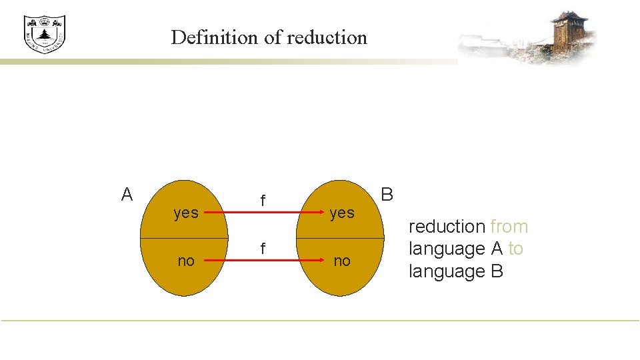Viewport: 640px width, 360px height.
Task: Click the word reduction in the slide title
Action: coord(327,37)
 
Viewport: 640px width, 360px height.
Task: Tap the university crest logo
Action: coord(45,34)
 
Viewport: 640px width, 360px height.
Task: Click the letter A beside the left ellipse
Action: coord(127,195)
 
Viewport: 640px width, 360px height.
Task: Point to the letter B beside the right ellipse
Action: coord(387,195)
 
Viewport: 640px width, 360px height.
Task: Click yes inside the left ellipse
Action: coord(186,213)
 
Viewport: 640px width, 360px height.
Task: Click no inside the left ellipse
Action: coord(186,261)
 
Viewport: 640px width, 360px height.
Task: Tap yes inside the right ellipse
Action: coord(342,213)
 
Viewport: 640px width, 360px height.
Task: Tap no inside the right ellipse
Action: coord(342,261)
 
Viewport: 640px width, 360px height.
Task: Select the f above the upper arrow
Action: coord(263,200)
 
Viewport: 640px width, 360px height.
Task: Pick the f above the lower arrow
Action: coord(263,249)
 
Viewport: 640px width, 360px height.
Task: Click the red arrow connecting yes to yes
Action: coord(263,214)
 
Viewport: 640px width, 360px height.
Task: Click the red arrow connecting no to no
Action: coord(263,262)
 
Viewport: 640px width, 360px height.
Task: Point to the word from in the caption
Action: coord(509,227)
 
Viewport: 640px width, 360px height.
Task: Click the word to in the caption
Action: coord(515,249)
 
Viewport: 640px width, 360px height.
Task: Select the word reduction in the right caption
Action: coord(447,227)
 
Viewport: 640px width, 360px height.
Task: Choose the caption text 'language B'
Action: coord(456,271)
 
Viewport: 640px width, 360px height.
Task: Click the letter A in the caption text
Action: coord(496,249)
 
